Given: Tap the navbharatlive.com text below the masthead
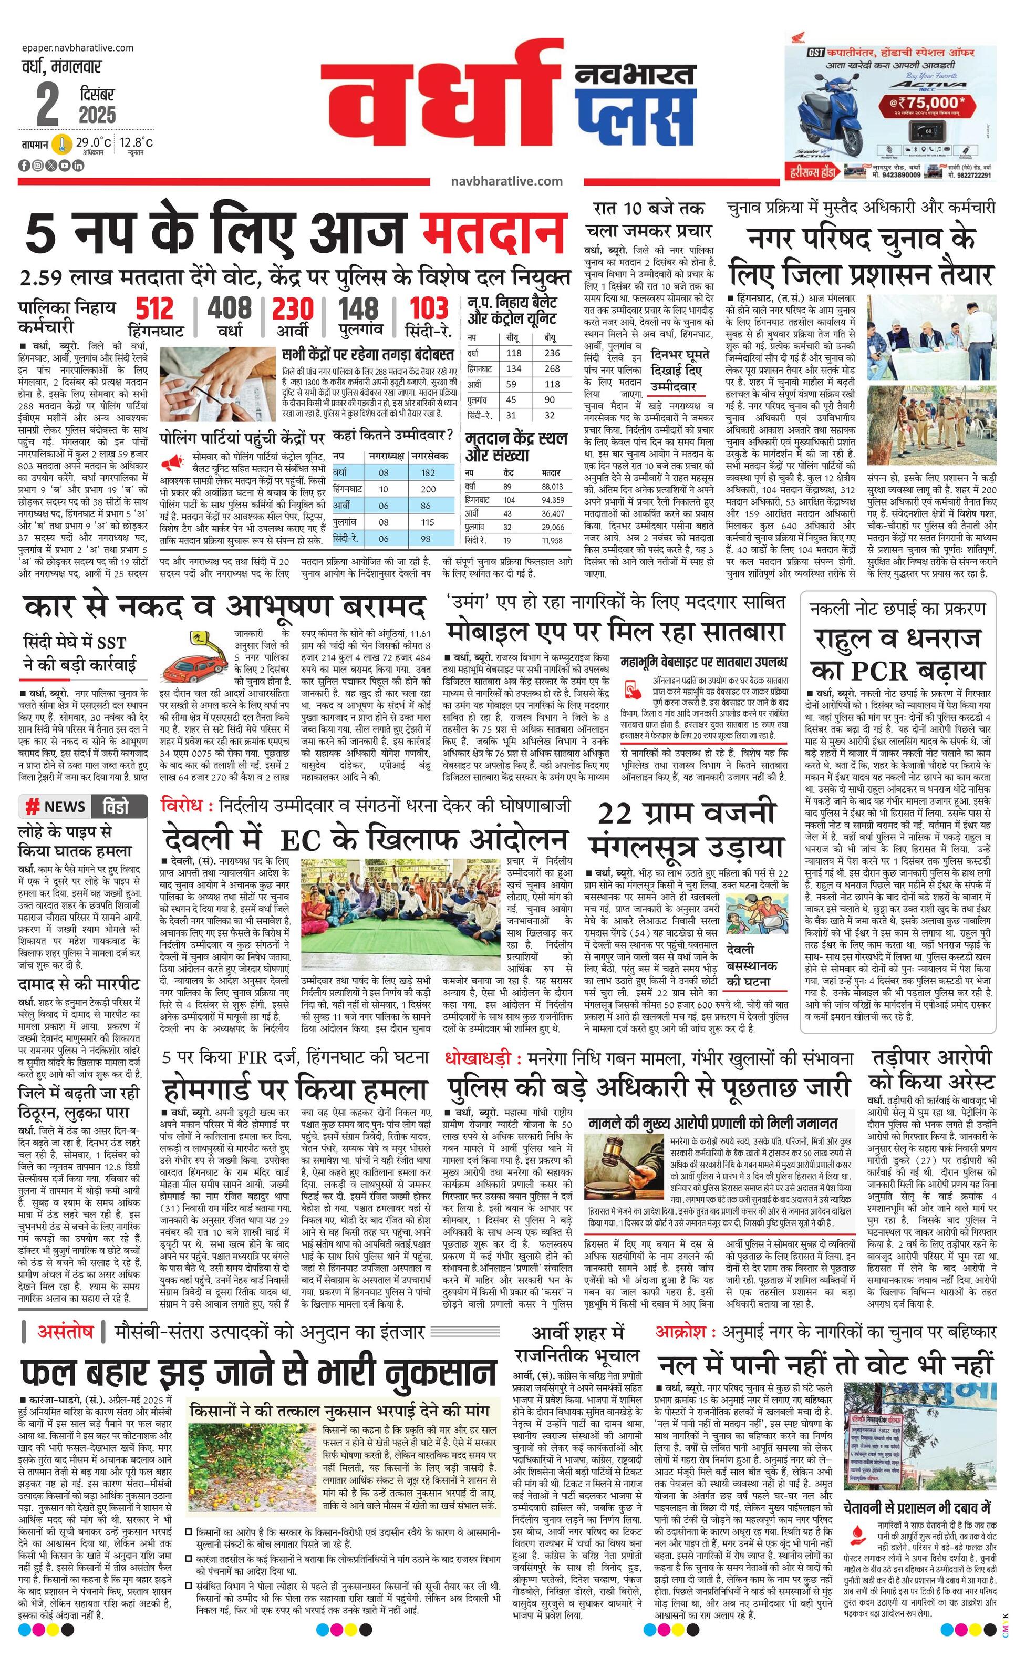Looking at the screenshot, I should tap(506, 181).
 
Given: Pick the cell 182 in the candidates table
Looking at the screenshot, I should tap(427, 472).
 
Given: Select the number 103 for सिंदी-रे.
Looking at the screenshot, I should tap(429, 309).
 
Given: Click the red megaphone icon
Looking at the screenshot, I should tap(172, 463).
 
